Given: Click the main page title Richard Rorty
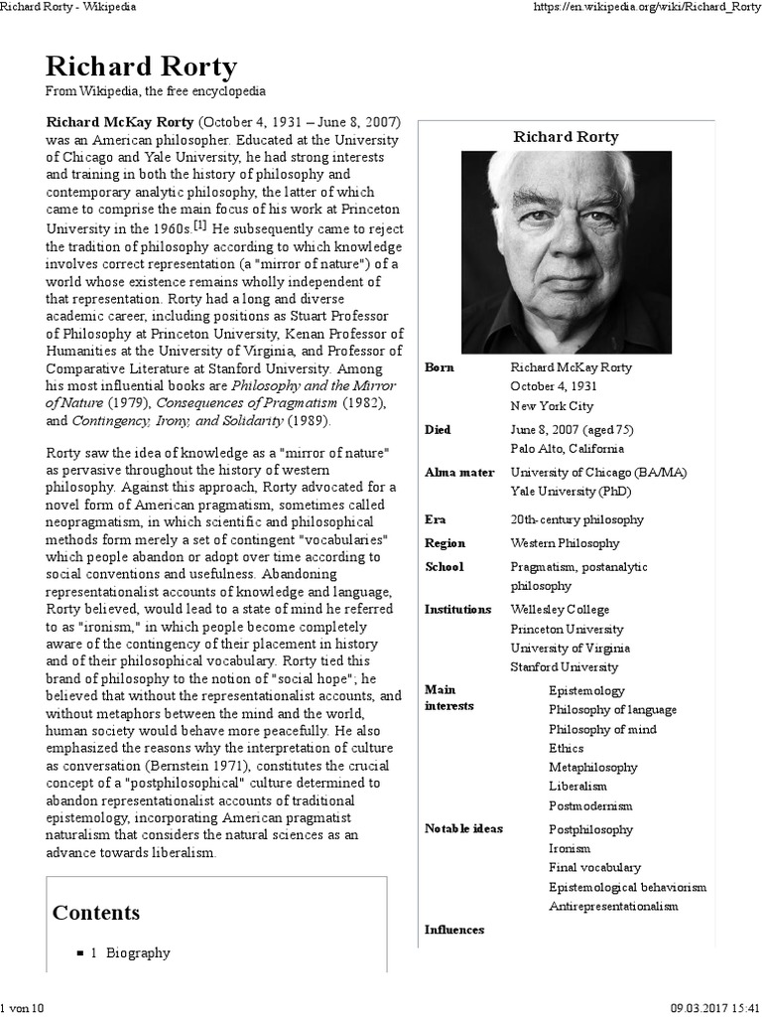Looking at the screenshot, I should click(141, 68).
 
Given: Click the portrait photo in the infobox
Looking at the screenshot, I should click(566, 252).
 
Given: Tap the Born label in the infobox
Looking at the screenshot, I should click(440, 367).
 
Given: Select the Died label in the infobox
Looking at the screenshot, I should click(438, 430).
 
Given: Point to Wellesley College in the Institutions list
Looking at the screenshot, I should click(560, 610).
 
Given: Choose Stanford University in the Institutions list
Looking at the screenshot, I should click(564, 667).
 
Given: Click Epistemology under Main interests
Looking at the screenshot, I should click(586, 690).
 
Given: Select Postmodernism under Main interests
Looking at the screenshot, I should click(590, 806).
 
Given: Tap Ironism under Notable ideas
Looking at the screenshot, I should click(570, 849).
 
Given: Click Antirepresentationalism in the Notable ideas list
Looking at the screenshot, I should click(613, 907).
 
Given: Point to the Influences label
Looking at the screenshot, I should click(454, 930).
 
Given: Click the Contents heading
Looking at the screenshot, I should click(96, 913).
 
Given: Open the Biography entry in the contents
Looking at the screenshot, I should click(131, 952).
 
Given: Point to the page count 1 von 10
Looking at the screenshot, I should click(25, 1008).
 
